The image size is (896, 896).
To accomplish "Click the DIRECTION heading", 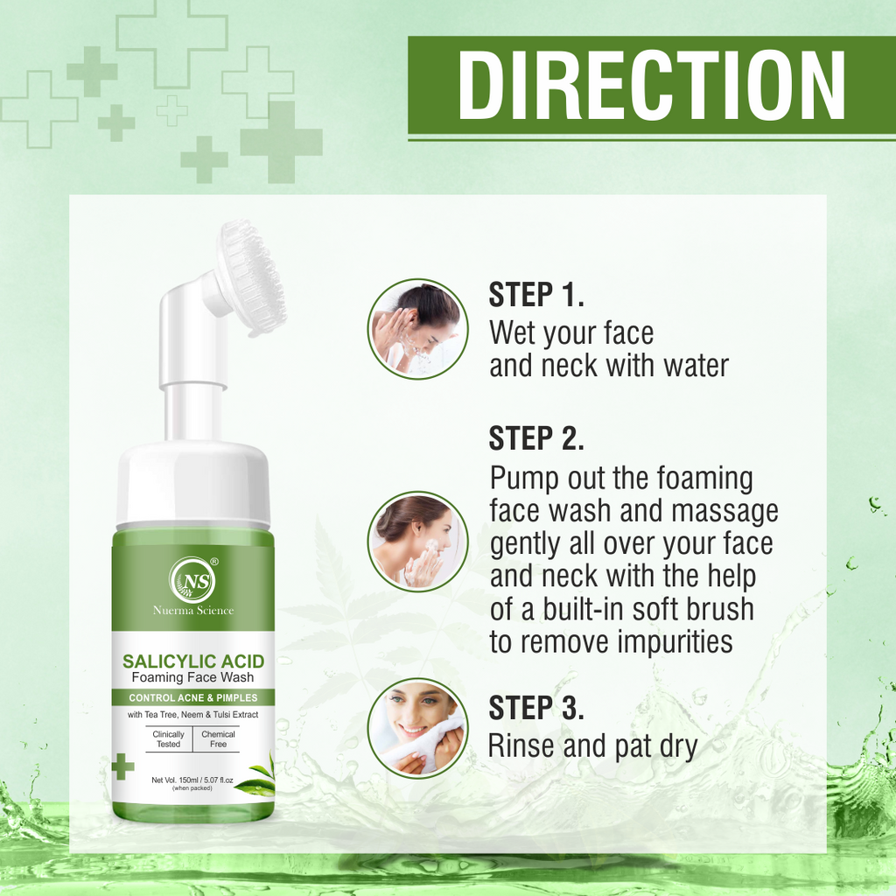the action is (x=651, y=85).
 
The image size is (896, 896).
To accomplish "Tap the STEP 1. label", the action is (x=536, y=295).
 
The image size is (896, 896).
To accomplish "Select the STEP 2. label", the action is (x=536, y=439).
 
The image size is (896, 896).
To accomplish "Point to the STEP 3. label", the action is (x=536, y=707).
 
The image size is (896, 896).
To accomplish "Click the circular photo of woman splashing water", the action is (x=417, y=329).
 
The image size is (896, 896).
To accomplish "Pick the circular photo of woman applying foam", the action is (x=417, y=541).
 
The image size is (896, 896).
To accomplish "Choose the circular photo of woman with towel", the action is (x=417, y=728).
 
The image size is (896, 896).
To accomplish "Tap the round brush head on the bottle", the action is (x=251, y=277).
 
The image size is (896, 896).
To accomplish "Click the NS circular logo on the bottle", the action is (x=193, y=580).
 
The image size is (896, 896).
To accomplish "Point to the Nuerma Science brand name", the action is (x=193, y=610).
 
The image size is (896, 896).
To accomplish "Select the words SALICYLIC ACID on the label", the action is (x=193, y=661).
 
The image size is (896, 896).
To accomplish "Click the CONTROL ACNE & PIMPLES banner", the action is (x=193, y=697).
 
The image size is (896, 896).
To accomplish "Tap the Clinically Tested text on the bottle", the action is (x=169, y=738).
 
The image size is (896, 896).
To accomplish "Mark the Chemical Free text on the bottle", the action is (x=218, y=738).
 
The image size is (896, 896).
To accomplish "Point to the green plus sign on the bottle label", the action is (x=122, y=766).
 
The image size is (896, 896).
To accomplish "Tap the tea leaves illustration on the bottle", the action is (x=256, y=777).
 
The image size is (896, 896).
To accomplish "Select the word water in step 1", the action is (x=696, y=366).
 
